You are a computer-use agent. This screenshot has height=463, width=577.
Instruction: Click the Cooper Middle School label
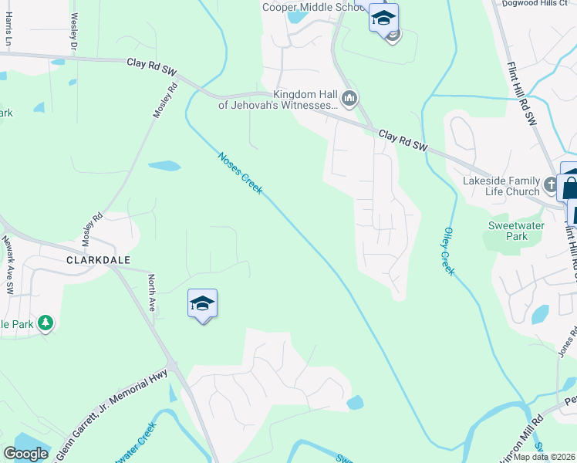(313, 7)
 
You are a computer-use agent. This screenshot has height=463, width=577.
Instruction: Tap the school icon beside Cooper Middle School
(383, 18)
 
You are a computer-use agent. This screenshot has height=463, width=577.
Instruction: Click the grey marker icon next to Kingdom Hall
(349, 98)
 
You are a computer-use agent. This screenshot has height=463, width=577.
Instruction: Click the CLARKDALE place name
(98, 260)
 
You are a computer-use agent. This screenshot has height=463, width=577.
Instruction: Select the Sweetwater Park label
(516, 231)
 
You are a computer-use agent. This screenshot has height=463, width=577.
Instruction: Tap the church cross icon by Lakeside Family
(551, 185)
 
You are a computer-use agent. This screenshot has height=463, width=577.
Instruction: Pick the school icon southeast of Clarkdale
(202, 304)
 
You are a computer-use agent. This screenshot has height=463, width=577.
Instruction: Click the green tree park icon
(46, 323)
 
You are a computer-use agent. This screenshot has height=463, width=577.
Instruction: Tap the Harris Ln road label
(9, 28)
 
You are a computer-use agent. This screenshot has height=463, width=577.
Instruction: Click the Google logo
(25, 454)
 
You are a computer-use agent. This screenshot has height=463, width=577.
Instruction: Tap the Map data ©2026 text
(545, 457)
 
